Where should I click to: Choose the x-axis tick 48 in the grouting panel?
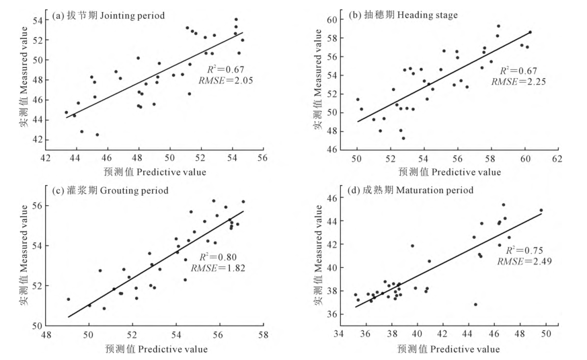pos(45,335)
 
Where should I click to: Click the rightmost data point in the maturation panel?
pos(541,210)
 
